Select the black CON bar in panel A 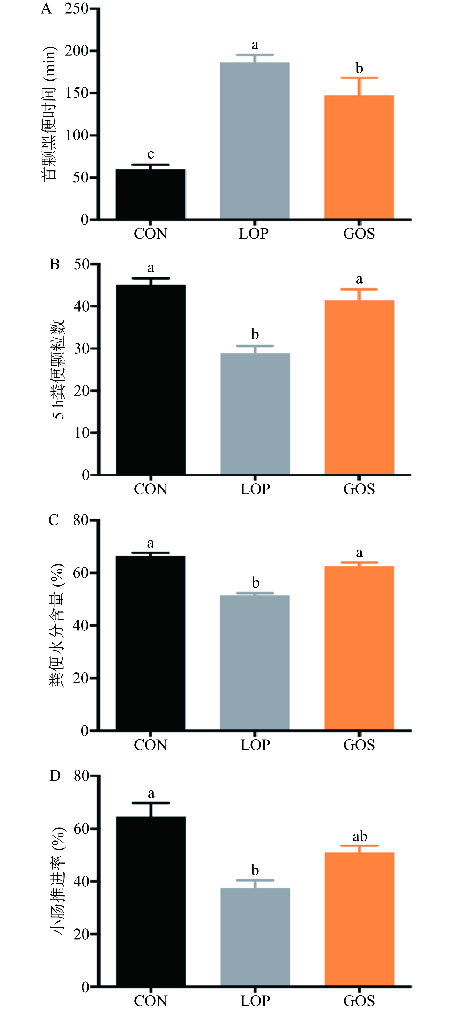pos(151,194)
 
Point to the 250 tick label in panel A pos(76,9)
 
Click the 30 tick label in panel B pos(82,348)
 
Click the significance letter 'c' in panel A pos(151,154)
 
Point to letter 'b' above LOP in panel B pos(255,334)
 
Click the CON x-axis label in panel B pos(151,489)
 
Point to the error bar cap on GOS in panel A pos(359,78)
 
